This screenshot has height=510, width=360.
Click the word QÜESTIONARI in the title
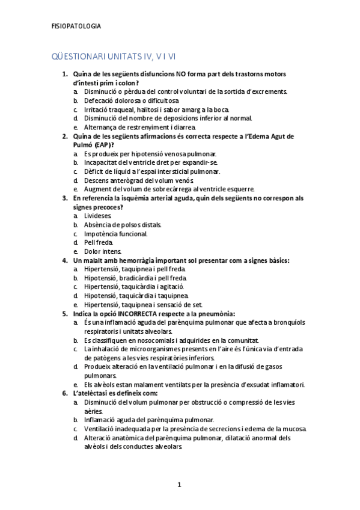coord(78,57)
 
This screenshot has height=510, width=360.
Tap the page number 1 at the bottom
coord(179,484)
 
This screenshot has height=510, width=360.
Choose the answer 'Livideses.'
coord(97,215)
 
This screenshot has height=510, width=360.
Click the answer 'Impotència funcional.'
coord(115,233)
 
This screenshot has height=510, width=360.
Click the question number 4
coord(65,260)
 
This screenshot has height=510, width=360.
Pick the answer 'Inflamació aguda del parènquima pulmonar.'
coord(149,420)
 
